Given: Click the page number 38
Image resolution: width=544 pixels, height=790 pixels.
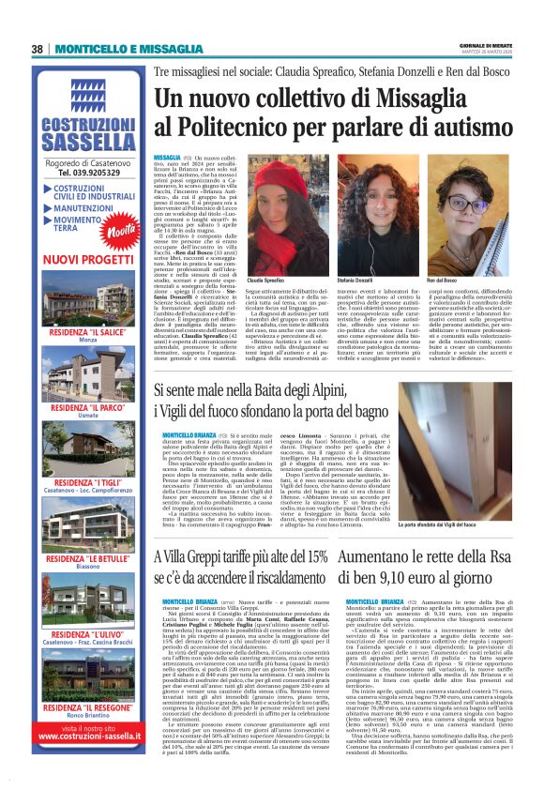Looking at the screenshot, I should [x=38, y=50].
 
